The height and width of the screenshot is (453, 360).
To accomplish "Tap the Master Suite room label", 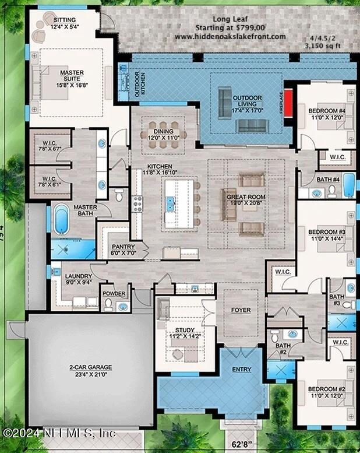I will coord(72,73).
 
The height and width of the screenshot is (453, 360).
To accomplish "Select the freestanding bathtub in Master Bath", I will coord(61,222).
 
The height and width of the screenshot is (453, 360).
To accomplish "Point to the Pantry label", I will coord(123,247).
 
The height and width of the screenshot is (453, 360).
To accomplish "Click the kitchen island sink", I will coord(171,204).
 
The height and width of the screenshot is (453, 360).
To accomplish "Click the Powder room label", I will coord(114,294).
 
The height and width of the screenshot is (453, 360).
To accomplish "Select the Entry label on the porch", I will coord(242,369).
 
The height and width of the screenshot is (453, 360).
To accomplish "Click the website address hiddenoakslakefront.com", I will coord(230,37).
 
